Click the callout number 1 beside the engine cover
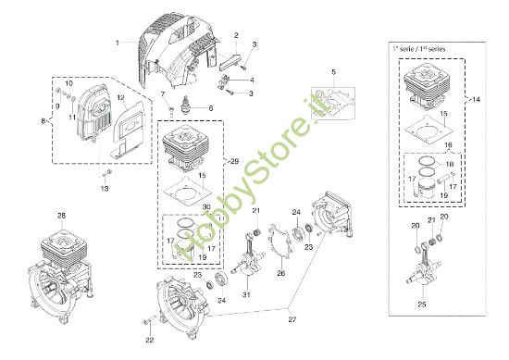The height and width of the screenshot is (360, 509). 118,43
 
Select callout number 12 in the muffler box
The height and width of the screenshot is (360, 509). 120,98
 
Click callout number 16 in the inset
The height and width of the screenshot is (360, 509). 446,145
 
